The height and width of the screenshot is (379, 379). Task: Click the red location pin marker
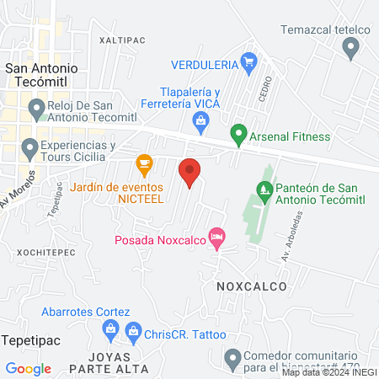coord(190,171)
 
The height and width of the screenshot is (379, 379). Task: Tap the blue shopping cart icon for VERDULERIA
coord(248,61)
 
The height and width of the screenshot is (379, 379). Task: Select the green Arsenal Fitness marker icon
coord(238,133)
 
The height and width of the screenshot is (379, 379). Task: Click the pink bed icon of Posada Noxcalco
coord(218,238)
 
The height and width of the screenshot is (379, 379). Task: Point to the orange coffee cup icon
coord(144,161)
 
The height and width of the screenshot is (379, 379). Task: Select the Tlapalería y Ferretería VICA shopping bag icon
coord(200,123)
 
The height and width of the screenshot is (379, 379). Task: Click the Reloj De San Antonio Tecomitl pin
coord(36,108)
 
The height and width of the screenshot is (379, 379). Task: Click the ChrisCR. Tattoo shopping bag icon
coord(132,334)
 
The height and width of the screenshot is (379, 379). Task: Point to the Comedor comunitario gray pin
coord(234,360)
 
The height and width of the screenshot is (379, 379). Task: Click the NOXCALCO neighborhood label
coord(251,286)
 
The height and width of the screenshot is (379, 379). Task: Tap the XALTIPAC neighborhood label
coord(117,40)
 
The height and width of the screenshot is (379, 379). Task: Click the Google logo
coord(29,368)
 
